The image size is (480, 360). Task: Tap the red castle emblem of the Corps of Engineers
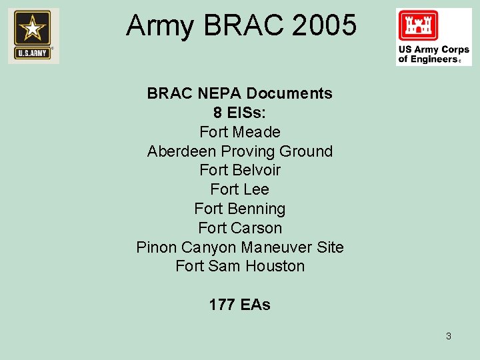(417, 26)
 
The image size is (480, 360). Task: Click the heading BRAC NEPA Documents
(239, 93)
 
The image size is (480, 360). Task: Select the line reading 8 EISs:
(239, 113)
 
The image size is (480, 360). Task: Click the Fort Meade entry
(239, 132)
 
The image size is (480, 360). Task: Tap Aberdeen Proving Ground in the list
(239, 151)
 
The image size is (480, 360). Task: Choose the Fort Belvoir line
(239, 170)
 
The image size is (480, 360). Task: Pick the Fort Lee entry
(239, 189)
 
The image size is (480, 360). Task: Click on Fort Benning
(239, 209)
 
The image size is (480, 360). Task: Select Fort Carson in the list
(239, 228)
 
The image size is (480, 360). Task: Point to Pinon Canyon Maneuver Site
(239, 247)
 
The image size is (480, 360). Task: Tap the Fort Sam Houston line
(239, 266)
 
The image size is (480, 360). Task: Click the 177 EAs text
(239, 305)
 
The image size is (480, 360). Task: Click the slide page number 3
(448, 336)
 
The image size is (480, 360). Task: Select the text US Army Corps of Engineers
(433, 54)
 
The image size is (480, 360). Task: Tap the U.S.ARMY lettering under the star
(33, 53)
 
